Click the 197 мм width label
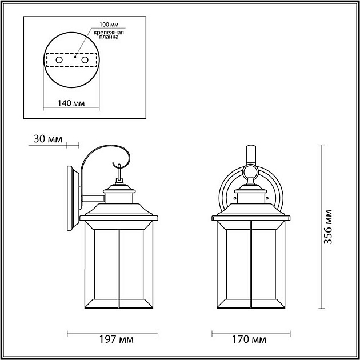118,340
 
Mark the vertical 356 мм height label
328,227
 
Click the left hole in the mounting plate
58,60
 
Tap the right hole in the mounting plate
85,60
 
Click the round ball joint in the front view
250,171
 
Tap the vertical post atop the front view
250,154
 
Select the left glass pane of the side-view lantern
102,266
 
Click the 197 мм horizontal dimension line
118,332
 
